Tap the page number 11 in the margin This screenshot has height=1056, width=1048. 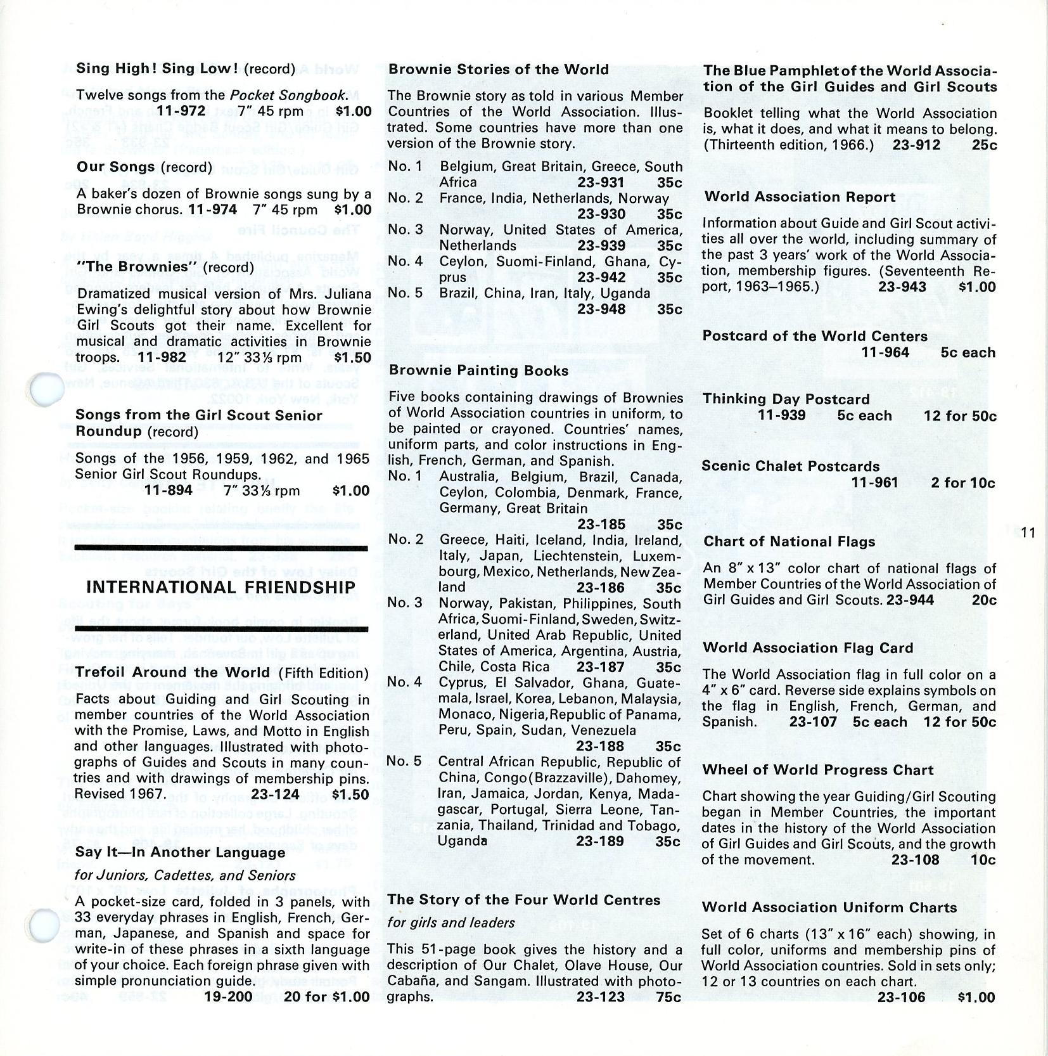1028,533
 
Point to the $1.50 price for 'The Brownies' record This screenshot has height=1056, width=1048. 353,358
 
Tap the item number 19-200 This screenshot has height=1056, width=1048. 227,996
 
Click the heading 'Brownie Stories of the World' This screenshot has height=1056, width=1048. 499,70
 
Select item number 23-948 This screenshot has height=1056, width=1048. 601,309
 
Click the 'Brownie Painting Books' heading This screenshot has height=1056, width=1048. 478,371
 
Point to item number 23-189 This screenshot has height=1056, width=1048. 600,841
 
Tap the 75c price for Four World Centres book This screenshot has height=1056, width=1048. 668,997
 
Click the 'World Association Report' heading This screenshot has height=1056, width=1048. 800,197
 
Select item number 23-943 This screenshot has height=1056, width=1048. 902,287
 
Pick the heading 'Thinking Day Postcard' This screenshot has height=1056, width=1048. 786,399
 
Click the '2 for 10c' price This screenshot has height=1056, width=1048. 963,483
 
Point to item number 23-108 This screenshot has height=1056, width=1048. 915,860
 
